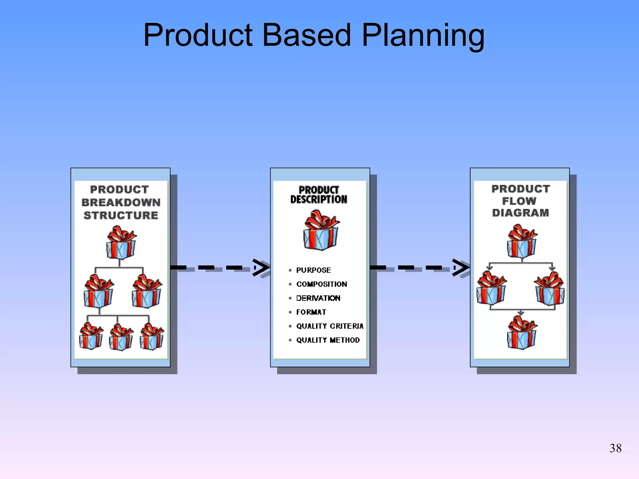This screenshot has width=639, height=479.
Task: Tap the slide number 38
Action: [x=615, y=448]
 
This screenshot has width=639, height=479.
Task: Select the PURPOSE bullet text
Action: [x=313, y=270]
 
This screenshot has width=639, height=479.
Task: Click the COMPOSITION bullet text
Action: [x=321, y=284]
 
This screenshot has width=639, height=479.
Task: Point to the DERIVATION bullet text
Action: [x=318, y=298]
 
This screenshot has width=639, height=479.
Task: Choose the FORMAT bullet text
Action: [x=311, y=312]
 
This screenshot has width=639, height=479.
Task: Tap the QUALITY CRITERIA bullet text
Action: [x=330, y=326]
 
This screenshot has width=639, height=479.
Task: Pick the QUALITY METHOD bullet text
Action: [x=328, y=340]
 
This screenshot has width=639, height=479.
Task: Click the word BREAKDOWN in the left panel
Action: [x=121, y=202]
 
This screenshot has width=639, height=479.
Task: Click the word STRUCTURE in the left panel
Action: [x=121, y=215]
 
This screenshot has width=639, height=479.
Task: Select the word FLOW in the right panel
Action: [x=519, y=201]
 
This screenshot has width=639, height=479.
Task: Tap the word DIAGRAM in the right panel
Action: [x=520, y=213]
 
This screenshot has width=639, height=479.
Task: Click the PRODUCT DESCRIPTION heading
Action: [x=319, y=195]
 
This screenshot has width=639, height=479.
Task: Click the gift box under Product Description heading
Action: [x=321, y=231]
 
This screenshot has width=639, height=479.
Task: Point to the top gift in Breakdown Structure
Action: [x=121, y=243]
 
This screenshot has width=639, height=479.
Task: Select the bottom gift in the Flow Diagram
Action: [x=522, y=333]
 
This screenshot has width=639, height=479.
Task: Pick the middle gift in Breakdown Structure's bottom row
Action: [x=121, y=337]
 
